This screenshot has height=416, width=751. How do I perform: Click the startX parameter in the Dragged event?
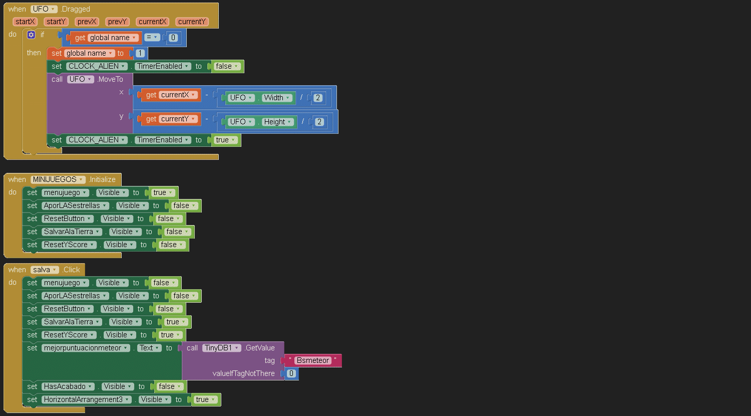coord(25,22)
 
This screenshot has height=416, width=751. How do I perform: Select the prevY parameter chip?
coord(118,22)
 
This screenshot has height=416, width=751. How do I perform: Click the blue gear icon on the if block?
coord(31,35)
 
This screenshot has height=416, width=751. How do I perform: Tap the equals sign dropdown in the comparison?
coord(152,38)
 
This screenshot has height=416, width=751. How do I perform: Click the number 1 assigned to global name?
coord(140,53)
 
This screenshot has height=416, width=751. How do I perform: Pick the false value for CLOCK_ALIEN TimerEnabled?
coord(226,66)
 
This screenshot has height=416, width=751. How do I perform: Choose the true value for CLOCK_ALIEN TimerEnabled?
coord(225,140)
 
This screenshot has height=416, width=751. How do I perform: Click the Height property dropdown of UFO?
coord(278,122)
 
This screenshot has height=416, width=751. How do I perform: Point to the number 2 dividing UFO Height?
coord(319,122)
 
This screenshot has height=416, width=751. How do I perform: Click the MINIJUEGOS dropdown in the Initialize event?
coord(58,179)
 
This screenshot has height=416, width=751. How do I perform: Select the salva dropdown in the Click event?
coord(45,270)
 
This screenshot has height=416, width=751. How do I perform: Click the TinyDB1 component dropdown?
coord(222,348)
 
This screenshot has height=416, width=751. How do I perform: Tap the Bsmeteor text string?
coord(312,360)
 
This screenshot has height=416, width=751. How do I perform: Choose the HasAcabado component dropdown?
coord(68,386)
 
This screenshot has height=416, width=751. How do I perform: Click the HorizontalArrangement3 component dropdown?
coord(86,399)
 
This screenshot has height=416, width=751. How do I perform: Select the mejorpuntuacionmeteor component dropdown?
coord(86,348)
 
